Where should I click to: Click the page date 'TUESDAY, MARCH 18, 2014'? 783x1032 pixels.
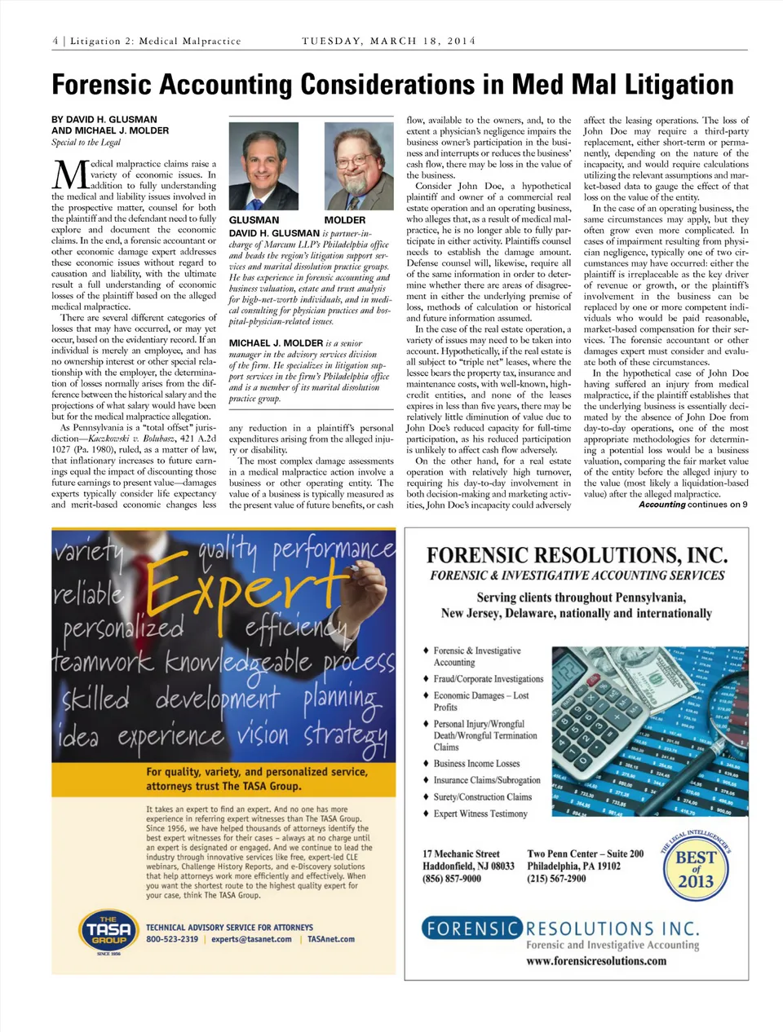[x=388, y=41]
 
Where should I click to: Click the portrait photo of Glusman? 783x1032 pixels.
[x=263, y=167]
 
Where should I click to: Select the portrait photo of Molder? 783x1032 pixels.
[x=358, y=167]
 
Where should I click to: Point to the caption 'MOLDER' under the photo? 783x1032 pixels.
[x=344, y=220]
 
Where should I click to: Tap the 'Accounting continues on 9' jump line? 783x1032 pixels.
[x=692, y=505]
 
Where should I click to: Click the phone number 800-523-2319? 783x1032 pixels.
[x=171, y=939]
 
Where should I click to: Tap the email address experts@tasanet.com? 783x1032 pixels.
[x=251, y=939]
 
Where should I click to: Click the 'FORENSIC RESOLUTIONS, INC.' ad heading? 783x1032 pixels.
[x=577, y=556]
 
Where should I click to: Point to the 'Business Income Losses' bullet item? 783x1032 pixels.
[x=476, y=764]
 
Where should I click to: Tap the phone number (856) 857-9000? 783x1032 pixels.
[x=451, y=879]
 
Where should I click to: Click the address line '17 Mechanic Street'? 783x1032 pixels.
[x=461, y=854]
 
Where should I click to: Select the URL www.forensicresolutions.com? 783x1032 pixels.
[x=596, y=961]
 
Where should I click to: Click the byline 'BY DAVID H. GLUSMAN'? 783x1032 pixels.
[x=104, y=120]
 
